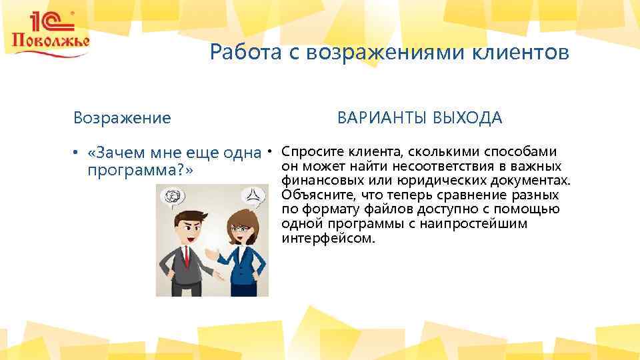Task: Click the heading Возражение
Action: click(122, 118)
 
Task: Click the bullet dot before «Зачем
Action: click(77, 153)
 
